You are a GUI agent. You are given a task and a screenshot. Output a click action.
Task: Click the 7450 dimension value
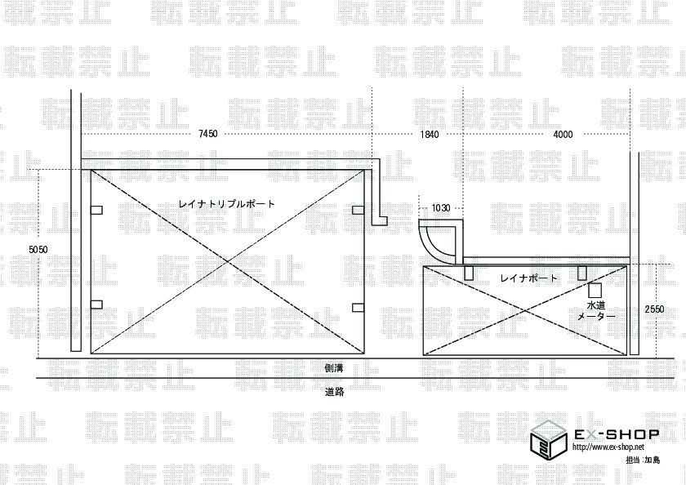pyautogui.click(x=207, y=134)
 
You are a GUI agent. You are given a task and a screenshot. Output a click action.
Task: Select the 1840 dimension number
pyautogui.click(x=430, y=134)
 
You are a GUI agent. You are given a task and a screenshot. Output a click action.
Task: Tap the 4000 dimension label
pyautogui.click(x=563, y=134)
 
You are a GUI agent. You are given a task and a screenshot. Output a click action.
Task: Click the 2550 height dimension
pyautogui.click(x=654, y=309)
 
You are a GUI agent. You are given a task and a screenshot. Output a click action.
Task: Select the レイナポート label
pyautogui.click(x=529, y=278)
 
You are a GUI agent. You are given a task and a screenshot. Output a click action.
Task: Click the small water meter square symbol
pyautogui.click(x=595, y=290)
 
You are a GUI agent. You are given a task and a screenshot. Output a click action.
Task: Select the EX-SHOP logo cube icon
pyautogui.click(x=548, y=438)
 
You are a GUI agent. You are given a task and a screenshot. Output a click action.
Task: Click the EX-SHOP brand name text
pyautogui.click(x=609, y=434)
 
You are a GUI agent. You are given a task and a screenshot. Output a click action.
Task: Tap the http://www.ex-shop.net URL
pyautogui.click(x=608, y=447)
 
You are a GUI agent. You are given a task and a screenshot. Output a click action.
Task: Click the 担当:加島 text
pyautogui.click(x=643, y=461)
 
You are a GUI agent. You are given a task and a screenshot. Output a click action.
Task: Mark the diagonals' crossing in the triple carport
pyautogui.click(x=227, y=262)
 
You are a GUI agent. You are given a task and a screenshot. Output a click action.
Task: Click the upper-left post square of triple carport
pyautogui.click(x=97, y=210)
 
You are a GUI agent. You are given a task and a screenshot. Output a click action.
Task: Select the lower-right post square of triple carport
pyautogui.click(x=358, y=307)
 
